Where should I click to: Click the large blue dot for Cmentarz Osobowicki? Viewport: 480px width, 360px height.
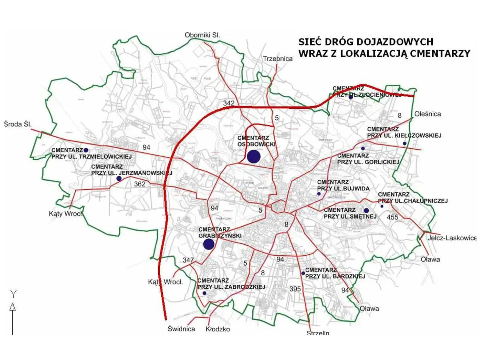tap(253, 156)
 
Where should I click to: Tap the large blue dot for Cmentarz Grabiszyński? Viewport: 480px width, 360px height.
tap(208, 244)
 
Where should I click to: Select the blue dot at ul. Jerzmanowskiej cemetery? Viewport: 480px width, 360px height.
tap(119, 178)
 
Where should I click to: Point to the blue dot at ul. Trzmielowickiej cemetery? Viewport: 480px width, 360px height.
tap(86, 150)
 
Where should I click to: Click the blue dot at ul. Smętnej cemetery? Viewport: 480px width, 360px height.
tap(366, 210)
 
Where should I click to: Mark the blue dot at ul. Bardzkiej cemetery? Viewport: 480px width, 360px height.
tap(303, 273)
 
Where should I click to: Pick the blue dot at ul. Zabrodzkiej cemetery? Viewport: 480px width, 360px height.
tap(204, 293)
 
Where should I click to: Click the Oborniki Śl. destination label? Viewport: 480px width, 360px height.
tap(202, 35)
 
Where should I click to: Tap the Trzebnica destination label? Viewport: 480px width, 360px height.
tap(277, 59)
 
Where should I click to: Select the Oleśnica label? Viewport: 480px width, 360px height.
tap(427, 114)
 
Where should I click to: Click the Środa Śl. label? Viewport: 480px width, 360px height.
tap(18, 124)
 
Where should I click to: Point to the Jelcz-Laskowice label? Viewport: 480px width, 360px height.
tap(454, 238)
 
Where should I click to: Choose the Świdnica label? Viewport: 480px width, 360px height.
tap(181, 329)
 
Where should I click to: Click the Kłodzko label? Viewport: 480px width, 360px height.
tap(217, 329)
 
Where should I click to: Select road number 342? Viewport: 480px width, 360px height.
tap(228, 103)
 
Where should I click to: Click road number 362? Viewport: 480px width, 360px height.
tap(139, 184)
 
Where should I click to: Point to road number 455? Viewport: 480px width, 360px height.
tap(392, 217)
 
